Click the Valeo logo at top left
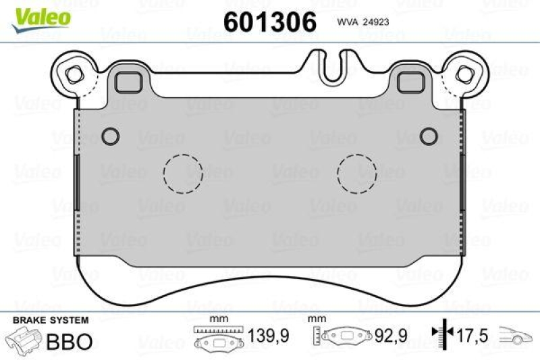tap(41, 16)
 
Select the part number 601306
tap(270, 22)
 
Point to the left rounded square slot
tap(126, 82)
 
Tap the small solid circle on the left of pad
tap(110, 135)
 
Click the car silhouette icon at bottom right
tap(516, 335)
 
